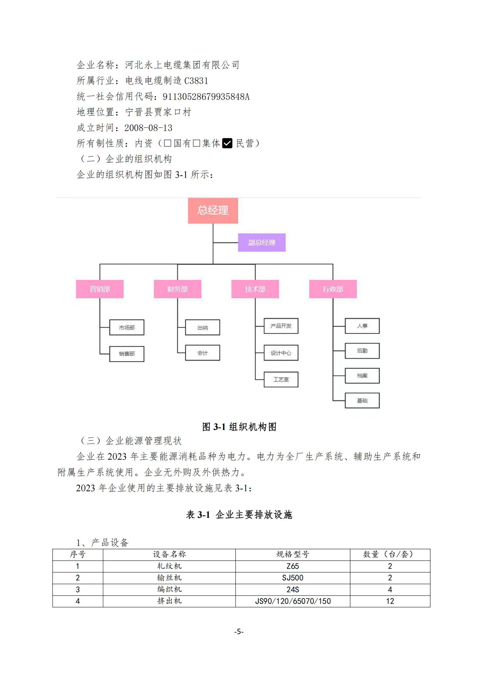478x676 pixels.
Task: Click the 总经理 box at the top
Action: tap(213, 210)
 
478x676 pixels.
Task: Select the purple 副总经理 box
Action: tap(261, 242)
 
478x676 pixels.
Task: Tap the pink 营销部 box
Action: tap(99, 289)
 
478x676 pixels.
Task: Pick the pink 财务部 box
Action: tap(177, 289)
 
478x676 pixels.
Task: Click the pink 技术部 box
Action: tap(255, 289)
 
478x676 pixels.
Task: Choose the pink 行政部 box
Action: tap(333, 289)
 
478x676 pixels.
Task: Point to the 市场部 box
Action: tap(127, 327)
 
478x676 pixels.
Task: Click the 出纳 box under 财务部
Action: tap(202, 327)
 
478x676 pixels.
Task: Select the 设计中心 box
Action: tap(281, 353)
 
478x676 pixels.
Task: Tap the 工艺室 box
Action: tap(281, 380)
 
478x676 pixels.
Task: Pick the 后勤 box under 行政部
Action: tap(362, 351)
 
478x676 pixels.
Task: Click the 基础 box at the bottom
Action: tap(362, 400)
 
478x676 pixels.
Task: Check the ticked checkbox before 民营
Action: tap(227, 143)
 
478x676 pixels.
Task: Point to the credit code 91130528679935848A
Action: tap(206, 97)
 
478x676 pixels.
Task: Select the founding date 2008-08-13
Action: tap(148, 128)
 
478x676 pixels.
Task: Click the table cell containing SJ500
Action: tap(292, 578)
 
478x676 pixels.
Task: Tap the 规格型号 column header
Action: tap(292, 554)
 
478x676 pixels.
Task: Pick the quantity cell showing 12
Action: tap(390, 601)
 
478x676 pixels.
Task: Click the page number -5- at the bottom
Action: tap(239, 631)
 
